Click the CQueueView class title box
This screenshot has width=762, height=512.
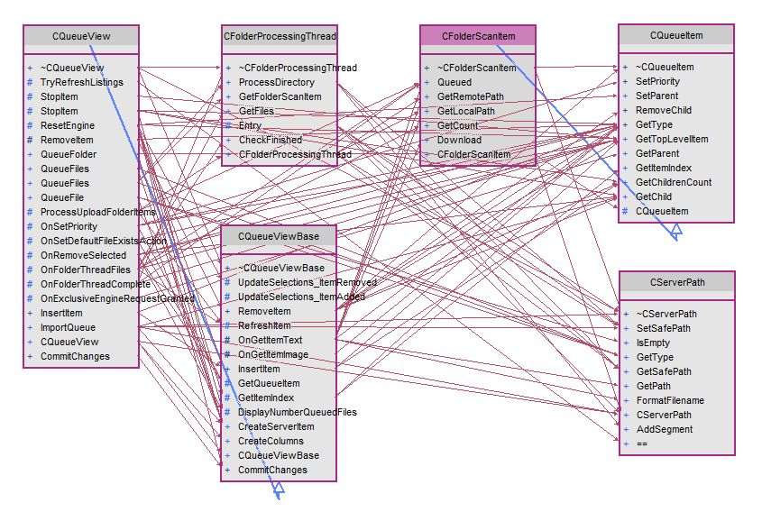(x=81, y=35)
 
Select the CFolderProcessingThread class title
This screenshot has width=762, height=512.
(x=280, y=36)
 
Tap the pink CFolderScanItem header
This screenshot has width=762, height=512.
(x=478, y=35)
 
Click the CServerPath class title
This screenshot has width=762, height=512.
(x=676, y=281)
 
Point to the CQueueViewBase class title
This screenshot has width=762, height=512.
(x=279, y=235)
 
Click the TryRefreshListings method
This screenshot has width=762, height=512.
(x=82, y=82)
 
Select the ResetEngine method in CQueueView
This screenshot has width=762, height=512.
(x=68, y=125)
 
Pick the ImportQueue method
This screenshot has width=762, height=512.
(x=69, y=327)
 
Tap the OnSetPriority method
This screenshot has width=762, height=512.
(x=69, y=226)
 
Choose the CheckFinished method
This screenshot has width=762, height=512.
(x=271, y=140)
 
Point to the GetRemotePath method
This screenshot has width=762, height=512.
(x=470, y=96)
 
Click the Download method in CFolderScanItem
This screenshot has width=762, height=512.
(x=459, y=140)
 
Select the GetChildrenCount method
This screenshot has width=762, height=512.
(x=673, y=182)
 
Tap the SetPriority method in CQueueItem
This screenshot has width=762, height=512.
(x=657, y=81)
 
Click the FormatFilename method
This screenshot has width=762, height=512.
(x=670, y=400)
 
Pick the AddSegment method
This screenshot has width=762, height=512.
(x=664, y=429)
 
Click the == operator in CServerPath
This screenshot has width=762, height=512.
(x=642, y=443)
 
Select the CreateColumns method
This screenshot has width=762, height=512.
(x=271, y=441)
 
